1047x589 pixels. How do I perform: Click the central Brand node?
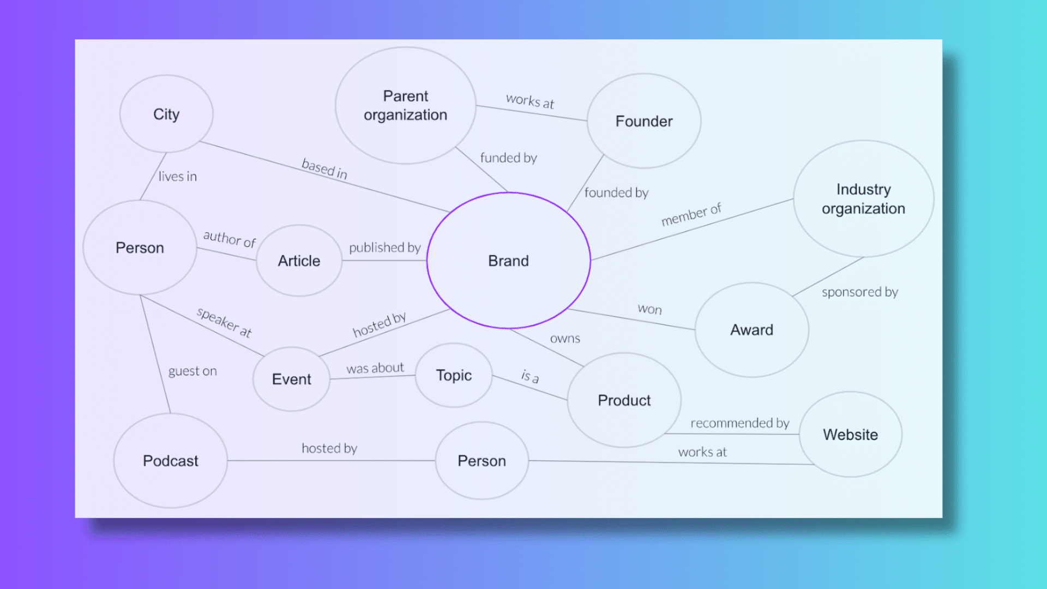click(509, 261)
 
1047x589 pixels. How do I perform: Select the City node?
click(166, 114)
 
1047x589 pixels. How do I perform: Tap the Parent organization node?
click(406, 105)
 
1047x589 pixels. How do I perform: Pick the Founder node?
click(644, 121)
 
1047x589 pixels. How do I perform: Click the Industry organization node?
click(864, 199)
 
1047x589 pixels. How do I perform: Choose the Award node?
click(752, 330)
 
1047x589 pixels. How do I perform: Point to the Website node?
click(851, 435)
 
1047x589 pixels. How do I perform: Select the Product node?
click(624, 400)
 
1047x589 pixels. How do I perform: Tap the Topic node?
click(454, 375)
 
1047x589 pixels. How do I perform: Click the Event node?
click(292, 379)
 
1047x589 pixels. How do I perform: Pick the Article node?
click(299, 261)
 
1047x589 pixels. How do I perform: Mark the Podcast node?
click(171, 461)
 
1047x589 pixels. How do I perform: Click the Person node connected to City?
click(140, 248)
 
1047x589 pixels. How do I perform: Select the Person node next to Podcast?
click(482, 461)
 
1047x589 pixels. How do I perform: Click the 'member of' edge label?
click(691, 214)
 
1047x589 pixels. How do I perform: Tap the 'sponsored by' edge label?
click(860, 292)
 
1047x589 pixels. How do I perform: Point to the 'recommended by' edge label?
click(740, 423)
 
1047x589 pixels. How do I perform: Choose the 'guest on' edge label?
click(192, 371)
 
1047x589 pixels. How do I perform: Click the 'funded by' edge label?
click(509, 158)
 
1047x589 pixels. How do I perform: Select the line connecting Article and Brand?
click(384, 261)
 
